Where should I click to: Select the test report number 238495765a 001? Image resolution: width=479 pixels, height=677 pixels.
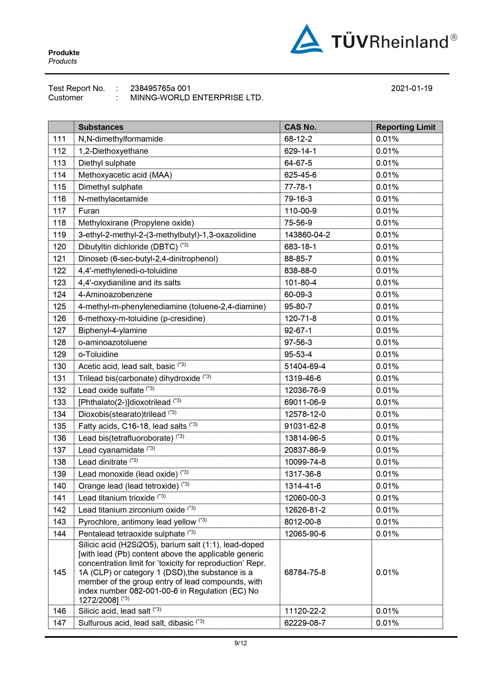[x=160, y=88]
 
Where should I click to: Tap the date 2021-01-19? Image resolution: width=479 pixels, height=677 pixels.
[x=411, y=88]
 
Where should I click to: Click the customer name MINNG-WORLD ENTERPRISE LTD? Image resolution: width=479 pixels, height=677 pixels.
[x=197, y=98]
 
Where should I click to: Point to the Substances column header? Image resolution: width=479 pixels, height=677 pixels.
[x=101, y=127]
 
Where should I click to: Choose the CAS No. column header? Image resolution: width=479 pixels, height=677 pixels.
[x=300, y=127]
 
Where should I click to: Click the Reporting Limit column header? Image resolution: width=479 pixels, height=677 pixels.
[x=405, y=127]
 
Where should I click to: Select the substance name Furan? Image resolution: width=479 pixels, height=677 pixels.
[x=89, y=211]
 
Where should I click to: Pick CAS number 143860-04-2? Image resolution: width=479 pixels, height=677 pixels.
[x=307, y=235]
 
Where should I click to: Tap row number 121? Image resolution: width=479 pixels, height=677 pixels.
[x=60, y=259]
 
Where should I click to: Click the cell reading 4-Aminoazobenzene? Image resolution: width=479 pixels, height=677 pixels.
[x=115, y=295]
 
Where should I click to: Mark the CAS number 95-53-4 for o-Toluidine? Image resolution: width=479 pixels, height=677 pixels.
[x=298, y=355]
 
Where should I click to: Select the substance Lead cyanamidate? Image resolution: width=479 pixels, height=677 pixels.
[x=111, y=450]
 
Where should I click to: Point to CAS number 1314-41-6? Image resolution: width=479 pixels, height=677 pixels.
[x=302, y=486]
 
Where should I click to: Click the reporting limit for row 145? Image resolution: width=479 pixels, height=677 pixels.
[x=387, y=573]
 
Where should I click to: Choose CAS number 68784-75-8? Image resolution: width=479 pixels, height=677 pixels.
[x=305, y=573]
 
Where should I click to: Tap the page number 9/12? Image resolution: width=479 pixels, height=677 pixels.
[x=240, y=643]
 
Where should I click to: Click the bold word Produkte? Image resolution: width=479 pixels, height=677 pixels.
[x=64, y=53]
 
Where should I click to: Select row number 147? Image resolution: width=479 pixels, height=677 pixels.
[x=60, y=623]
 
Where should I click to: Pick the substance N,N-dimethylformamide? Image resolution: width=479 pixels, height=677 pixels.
[x=120, y=139]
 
